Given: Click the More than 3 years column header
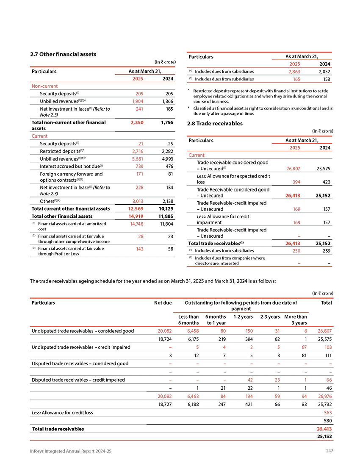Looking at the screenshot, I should (x=296, y=320).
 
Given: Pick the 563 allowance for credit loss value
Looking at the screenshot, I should (x=327, y=412).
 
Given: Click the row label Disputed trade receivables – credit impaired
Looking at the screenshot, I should (x=78, y=380).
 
